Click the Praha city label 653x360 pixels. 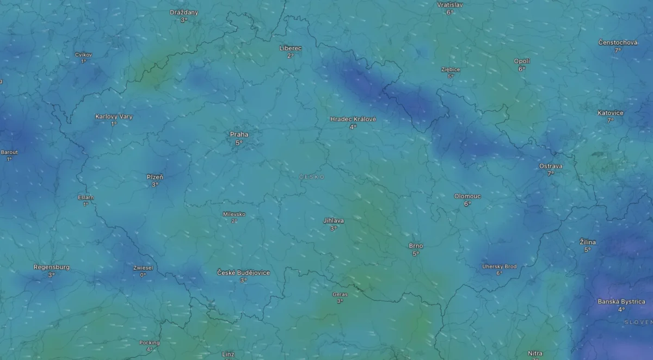click(x=239, y=134)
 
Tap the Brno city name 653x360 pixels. click(x=416, y=246)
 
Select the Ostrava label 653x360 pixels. click(x=551, y=166)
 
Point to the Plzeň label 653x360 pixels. click(x=155, y=177)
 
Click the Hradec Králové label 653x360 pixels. click(x=353, y=119)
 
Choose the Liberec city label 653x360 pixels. click(x=291, y=48)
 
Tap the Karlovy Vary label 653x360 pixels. click(x=114, y=116)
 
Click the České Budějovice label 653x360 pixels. click(x=243, y=272)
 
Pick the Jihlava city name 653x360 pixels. click(x=334, y=221)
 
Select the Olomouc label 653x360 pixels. click(x=467, y=196)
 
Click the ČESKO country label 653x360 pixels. click(x=312, y=177)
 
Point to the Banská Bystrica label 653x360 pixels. click(x=621, y=301)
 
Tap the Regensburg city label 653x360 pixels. click(x=52, y=267)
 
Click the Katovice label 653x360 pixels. click(x=611, y=113)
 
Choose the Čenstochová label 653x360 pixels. click(x=618, y=42)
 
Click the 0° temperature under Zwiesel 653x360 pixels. click(x=143, y=275)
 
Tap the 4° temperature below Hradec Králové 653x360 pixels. click(x=353, y=127)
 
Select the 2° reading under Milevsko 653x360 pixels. click(x=234, y=221)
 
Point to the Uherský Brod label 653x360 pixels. click(x=500, y=266)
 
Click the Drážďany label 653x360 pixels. click(x=184, y=12)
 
